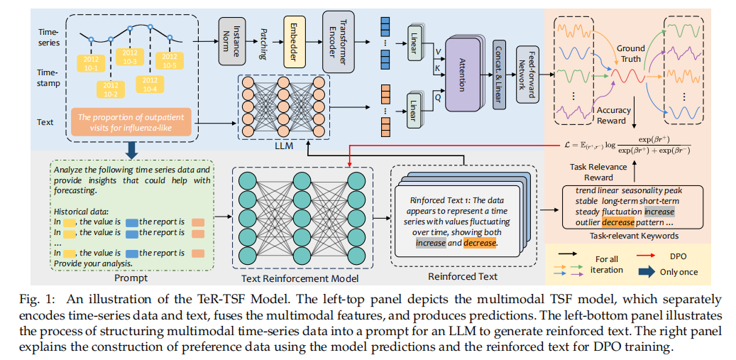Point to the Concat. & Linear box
point(499,74)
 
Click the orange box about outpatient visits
point(131,122)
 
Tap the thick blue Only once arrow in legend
point(647,272)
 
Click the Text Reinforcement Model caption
point(300,278)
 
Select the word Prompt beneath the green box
point(131,278)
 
